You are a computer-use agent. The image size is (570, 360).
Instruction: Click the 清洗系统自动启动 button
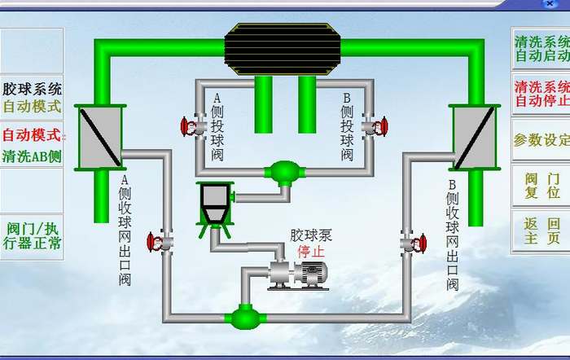[541, 47]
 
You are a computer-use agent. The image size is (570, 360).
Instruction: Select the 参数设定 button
[541, 139]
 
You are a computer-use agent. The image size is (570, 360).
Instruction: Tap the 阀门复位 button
[541, 186]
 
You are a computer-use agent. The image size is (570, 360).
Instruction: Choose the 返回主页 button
[541, 231]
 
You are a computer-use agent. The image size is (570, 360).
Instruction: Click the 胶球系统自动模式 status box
[32, 97]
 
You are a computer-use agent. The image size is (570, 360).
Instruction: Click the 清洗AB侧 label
[32, 156]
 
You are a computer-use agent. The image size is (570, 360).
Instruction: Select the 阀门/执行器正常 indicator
[32, 235]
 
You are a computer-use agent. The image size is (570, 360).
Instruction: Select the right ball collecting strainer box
[473, 137]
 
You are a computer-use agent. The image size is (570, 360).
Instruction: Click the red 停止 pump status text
[310, 251]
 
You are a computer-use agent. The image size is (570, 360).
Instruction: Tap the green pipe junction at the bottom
[243, 315]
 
